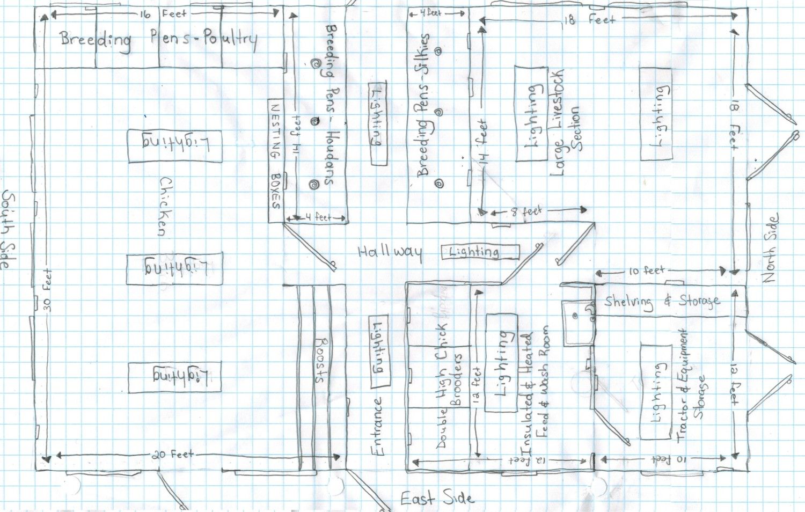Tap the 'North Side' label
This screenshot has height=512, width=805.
[770, 249]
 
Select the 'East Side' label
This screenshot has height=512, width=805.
[437, 499]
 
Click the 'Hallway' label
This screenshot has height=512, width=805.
[390, 252]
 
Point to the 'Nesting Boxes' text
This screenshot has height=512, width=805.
[276, 155]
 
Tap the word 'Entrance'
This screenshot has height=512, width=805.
[378, 427]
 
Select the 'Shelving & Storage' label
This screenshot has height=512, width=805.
[662, 302]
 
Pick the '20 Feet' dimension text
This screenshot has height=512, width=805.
[172, 455]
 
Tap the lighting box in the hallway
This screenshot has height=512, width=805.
[480, 252]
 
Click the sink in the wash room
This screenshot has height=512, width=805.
[579, 322]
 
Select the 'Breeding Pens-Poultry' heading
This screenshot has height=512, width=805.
[158, 39]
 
